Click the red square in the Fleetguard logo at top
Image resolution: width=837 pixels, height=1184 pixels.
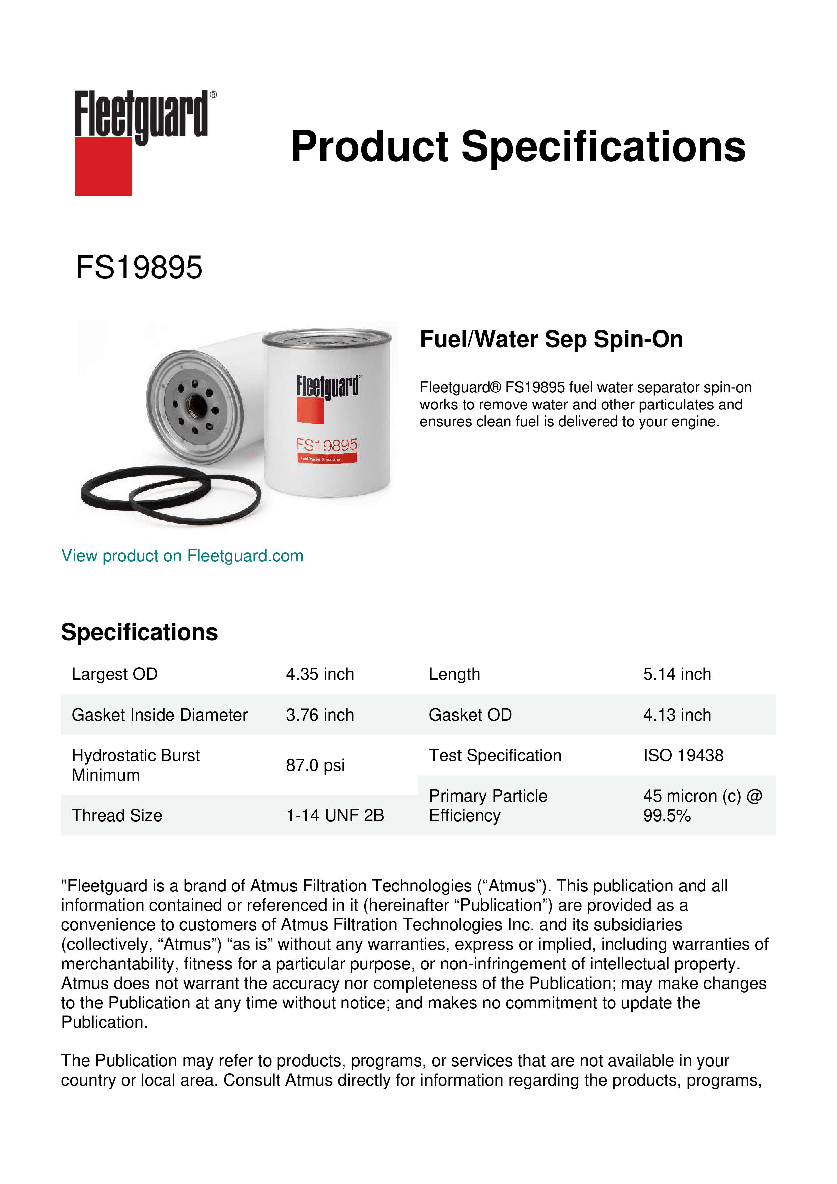[x=103, y=166]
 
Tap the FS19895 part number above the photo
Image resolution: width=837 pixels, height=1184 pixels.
[x=139, y=268]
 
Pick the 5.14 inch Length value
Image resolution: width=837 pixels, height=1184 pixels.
[x=677, y=674]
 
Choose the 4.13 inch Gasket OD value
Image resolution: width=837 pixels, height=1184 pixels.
[x=677, y=715]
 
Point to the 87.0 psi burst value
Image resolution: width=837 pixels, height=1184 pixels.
[x=315, y=765]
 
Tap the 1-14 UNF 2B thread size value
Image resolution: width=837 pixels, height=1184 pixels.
[x=335, y=815]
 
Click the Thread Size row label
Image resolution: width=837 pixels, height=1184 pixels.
[x=117, y=815]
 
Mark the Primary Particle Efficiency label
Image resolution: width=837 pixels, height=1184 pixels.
[x=487, y=806]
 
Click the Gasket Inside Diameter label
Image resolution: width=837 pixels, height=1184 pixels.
[x=159, y=715]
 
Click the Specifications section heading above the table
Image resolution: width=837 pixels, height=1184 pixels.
[x=139, y=632]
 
